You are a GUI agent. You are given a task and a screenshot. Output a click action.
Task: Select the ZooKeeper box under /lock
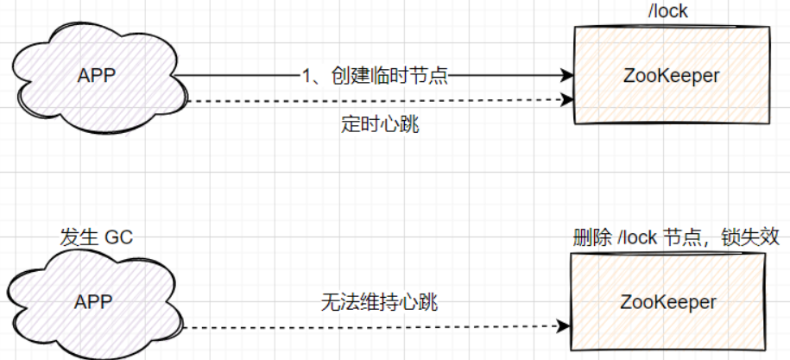pyautogui.click(x=670, y=76)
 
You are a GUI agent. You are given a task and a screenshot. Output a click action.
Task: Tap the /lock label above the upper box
pyautogui.click(x=671, y=11)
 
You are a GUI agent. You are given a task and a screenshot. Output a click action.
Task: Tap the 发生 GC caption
pyautogui.click(x=96, y=237)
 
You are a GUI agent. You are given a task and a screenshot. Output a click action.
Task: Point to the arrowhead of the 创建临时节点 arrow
pyautogui.click(x=568, y=76)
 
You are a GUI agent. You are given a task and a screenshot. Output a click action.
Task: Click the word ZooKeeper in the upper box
pyautogui.click(x=670, y=76)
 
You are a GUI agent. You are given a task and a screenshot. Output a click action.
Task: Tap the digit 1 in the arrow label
pyautogui.click(x=307, y=75)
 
